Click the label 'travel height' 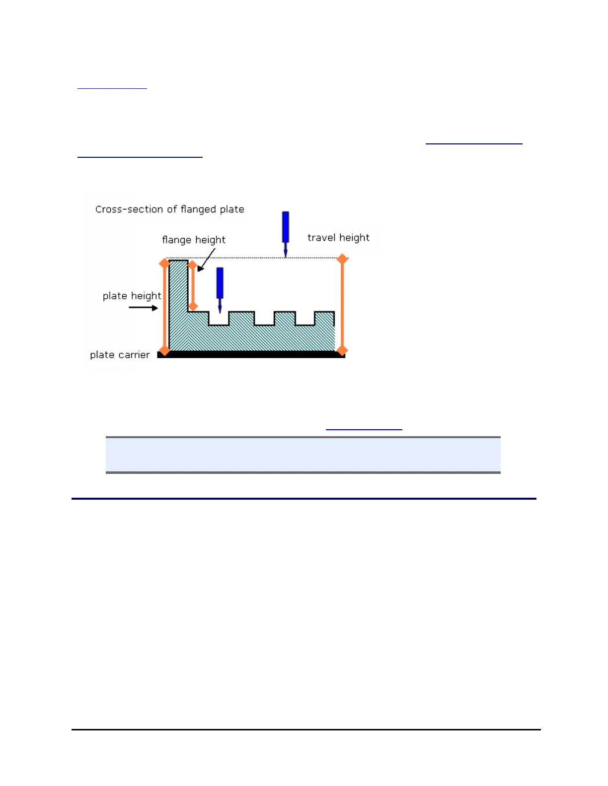[338, 238]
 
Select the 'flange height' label [193, 240]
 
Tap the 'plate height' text [132, 296]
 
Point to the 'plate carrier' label [120, 355]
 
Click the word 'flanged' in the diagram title [198, 209]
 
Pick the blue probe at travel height [285, 231]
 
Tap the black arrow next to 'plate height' [144, 308]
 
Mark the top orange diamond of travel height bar [342, 259]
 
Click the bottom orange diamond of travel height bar [342, 351]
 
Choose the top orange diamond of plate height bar [164, 263]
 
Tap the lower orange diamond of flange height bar [193, 306]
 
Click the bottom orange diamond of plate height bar [164, 351]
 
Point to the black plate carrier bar [251, 354]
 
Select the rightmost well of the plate [305, 319]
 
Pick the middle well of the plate [264, 319]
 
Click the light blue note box [303, 455]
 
